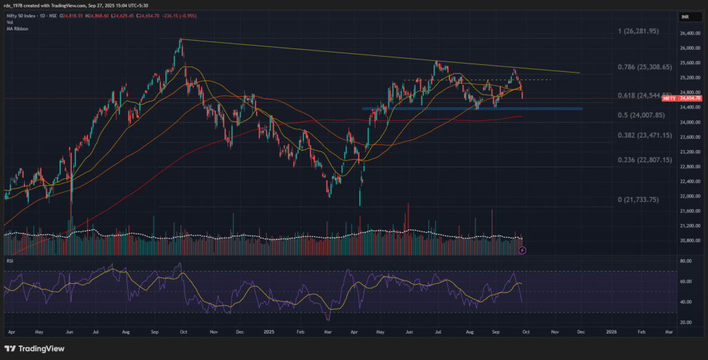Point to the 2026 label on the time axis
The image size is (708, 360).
611,332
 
